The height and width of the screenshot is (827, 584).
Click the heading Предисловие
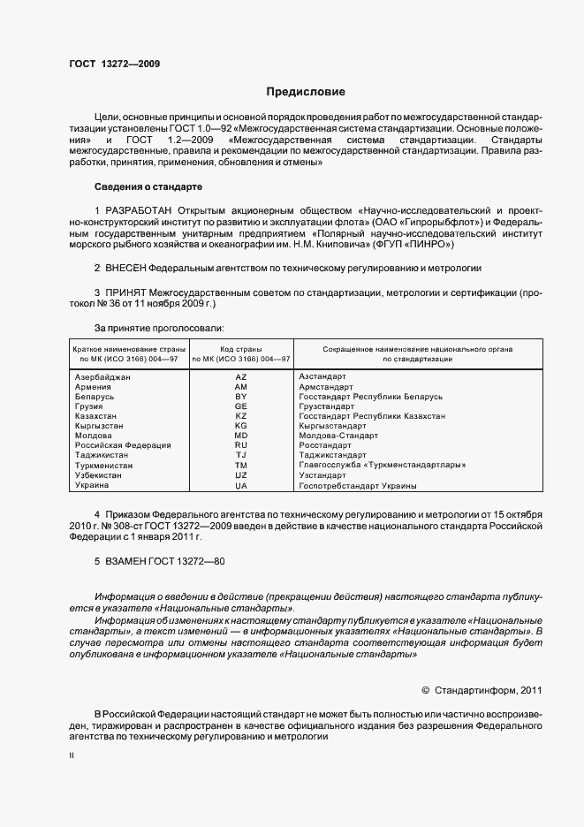coord(306,92)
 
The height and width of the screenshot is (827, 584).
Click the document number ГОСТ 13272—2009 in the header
coord(114,64)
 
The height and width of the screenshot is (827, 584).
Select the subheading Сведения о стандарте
coord(148,187)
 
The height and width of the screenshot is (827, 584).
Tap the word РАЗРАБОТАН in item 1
coord(139,210)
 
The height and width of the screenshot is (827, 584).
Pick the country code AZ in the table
coord(240,377)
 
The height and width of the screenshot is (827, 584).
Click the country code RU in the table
coord(240,445)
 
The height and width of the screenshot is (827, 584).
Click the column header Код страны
coord(240,350)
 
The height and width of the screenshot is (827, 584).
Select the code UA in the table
coord(240,485)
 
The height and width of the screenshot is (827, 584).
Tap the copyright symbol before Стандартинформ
coord(426,689)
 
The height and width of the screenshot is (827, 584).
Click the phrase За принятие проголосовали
coord(152,328)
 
